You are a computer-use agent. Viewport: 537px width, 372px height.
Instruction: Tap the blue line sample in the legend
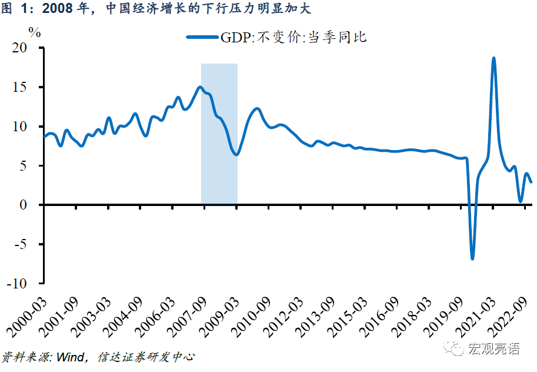tap(202, 37)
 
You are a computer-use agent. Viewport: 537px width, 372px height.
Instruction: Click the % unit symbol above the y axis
tap(35, 32)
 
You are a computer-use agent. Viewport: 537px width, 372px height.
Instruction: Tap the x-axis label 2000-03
tap(25, 312)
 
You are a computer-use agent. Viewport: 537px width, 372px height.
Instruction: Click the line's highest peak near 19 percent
tap(493, 58)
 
